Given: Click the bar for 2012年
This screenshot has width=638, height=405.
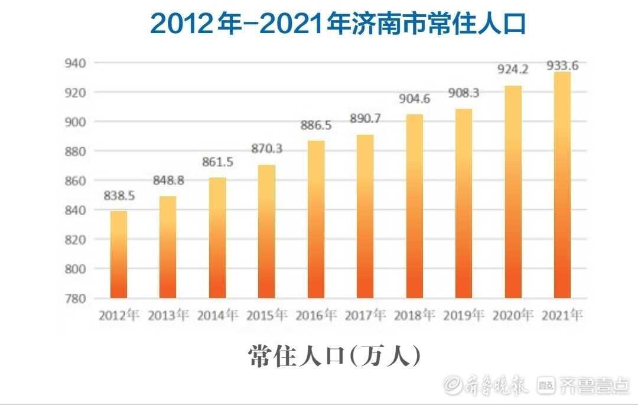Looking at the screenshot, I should click(119, 254).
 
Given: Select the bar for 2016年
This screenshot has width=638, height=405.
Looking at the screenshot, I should click(316, 219).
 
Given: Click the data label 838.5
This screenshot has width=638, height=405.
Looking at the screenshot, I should click(119, 196).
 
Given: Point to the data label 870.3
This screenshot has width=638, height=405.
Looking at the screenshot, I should click(266, 149).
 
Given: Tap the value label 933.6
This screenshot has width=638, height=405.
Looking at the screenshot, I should click(562, 65).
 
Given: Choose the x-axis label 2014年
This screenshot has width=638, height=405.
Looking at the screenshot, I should click(217, 315).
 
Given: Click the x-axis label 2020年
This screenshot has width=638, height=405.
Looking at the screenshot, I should click(513, 315).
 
